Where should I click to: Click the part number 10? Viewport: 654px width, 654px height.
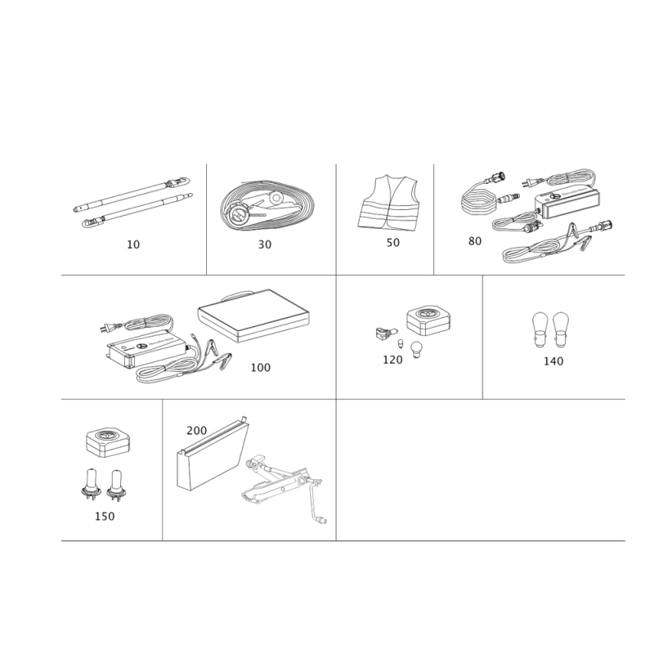coord(133,244)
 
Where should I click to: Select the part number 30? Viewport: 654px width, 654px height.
coord(265,244)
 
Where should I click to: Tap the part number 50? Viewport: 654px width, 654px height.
coord(393,243)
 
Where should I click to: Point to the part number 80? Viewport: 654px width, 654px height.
coord(475,241)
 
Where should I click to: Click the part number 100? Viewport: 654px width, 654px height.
coord(260,367)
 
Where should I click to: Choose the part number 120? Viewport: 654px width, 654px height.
coord(392,360)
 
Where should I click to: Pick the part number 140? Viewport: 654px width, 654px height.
coord(553,361)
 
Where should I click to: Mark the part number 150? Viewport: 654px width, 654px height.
coord(105,517)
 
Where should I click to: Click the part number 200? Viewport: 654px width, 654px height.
coord(196,431)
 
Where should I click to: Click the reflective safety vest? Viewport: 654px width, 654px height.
coord(387,202)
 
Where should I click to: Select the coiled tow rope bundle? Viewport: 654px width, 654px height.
coord(267,205)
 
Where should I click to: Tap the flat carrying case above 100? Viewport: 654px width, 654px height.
coord(253,316)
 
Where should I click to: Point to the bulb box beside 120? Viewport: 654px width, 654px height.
coord(428,321)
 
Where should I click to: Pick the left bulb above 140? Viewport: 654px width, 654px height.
coord(540,330)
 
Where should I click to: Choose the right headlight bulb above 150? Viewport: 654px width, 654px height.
coord(114,486)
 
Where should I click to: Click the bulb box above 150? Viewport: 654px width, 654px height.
coord(108,443)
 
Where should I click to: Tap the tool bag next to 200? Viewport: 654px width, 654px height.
coord(213,454)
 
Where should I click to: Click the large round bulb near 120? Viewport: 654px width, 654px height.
coord(416,350)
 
